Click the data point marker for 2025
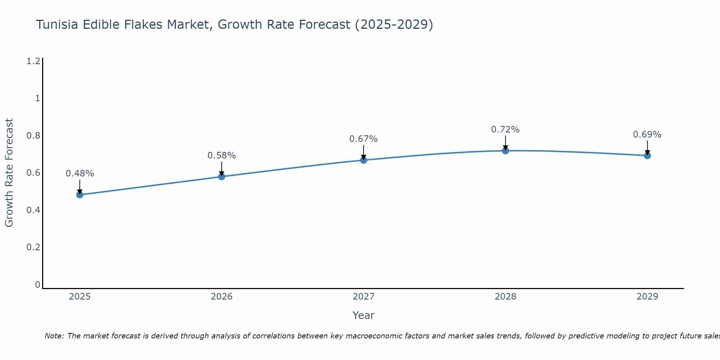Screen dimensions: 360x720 (x=80, y=195)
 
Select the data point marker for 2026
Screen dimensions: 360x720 (x=222, y=176)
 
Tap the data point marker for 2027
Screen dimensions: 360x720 (x=364, y=160)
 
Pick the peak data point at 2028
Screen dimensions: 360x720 (x=505, y=150)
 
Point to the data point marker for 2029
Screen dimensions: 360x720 (x=647, y=156)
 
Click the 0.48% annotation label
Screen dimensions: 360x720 (x=80, y=174)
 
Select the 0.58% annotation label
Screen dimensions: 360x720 (x=222, y=156)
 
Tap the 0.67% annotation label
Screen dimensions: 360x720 (x=364, y=139)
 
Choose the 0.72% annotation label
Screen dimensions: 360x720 (x=505, y=130)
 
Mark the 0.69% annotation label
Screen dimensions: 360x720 (x=647, y=135)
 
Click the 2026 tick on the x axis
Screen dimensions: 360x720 (x=222, y=297)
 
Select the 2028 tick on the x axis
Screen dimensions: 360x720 (x=505, y=297)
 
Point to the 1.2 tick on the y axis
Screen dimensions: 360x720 (x=33, y=61)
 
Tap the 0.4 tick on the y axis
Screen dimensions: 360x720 (x=33, y=210)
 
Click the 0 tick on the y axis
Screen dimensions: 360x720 (x=37, y=285)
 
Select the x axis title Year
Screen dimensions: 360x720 (x=364, y=315)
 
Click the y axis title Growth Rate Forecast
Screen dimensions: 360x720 (x=9, y=173)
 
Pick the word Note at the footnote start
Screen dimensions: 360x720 (x=54, y=336)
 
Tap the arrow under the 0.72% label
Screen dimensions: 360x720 (x=505, y=143)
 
